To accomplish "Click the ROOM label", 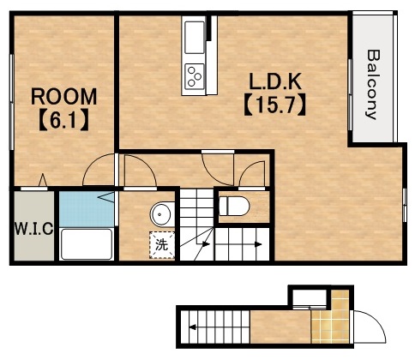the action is click(64, 97).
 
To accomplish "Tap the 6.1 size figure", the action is click(63, 121).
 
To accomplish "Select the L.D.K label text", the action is click(275, 82).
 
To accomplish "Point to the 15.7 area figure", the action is click(275, 105).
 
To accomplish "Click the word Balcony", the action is click(373, 84).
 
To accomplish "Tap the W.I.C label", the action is click(33, 229).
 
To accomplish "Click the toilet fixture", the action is click(234, 206).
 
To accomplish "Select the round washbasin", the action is click(162, 214).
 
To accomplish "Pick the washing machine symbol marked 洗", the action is click(162, 245).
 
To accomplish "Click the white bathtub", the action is click(87, 244).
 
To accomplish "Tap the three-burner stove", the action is click(195, 75).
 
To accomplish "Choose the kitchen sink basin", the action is click(195, 37).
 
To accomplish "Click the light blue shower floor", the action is click(87, 209).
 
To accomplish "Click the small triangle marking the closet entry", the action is click(43, 180).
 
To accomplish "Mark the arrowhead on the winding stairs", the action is click(206, 244).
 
